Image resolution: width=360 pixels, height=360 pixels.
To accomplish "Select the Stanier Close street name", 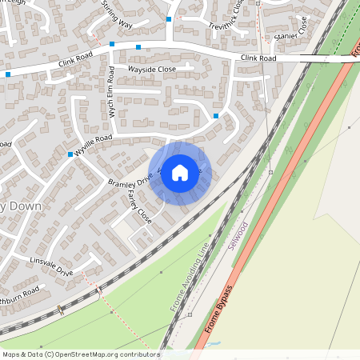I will point(290,34).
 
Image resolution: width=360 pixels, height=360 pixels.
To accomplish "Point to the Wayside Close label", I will point(152,70).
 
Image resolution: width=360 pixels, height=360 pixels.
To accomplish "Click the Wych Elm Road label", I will point(112,101).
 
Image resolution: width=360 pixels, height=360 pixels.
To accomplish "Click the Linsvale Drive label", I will point(52,268).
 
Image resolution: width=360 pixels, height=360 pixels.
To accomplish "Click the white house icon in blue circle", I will point(180,172).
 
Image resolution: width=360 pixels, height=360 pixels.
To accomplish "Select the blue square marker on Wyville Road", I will point(70,154).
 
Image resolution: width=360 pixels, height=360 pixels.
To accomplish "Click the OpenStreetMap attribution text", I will point(81,354).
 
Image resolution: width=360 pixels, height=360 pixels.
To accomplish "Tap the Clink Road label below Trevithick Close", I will point(258,58).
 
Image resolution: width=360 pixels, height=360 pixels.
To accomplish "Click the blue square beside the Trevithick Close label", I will point(169,18).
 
